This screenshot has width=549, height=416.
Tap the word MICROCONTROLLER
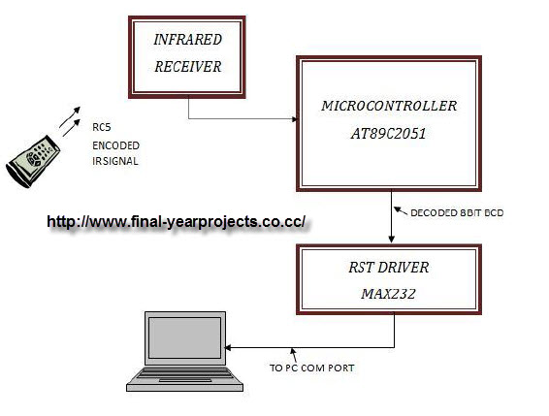388,104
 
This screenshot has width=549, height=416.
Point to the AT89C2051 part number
388,137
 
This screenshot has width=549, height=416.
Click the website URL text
177,222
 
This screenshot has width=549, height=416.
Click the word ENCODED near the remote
114,144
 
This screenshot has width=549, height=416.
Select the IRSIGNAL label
114,161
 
